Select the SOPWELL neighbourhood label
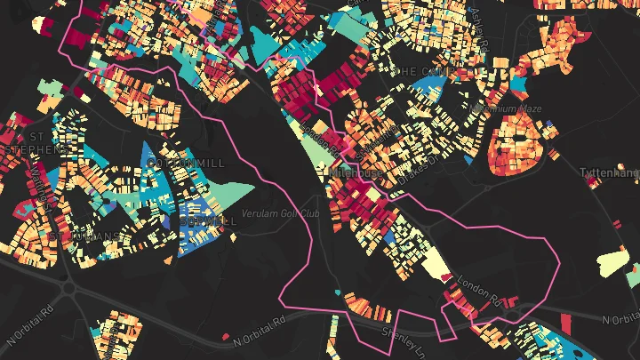206,220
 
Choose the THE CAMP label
421,70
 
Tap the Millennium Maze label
507,108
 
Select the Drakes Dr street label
418,165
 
